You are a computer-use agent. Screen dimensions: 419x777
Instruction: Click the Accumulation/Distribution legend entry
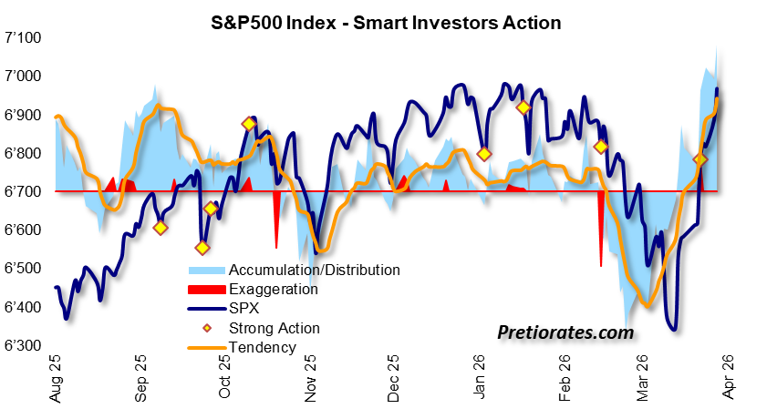coord(315,270)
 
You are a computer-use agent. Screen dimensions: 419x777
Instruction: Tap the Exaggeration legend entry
coord(274,290)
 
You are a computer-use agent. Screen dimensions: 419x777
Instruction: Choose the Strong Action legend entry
coord(275,328)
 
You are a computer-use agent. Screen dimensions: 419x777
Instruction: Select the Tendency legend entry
coord(263,347)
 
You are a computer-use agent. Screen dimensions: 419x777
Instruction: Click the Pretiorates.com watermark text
coord(565,333)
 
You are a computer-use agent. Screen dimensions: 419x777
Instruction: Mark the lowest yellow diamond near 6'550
coord(202,247)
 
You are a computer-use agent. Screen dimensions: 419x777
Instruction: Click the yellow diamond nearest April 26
coord(700,159)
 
